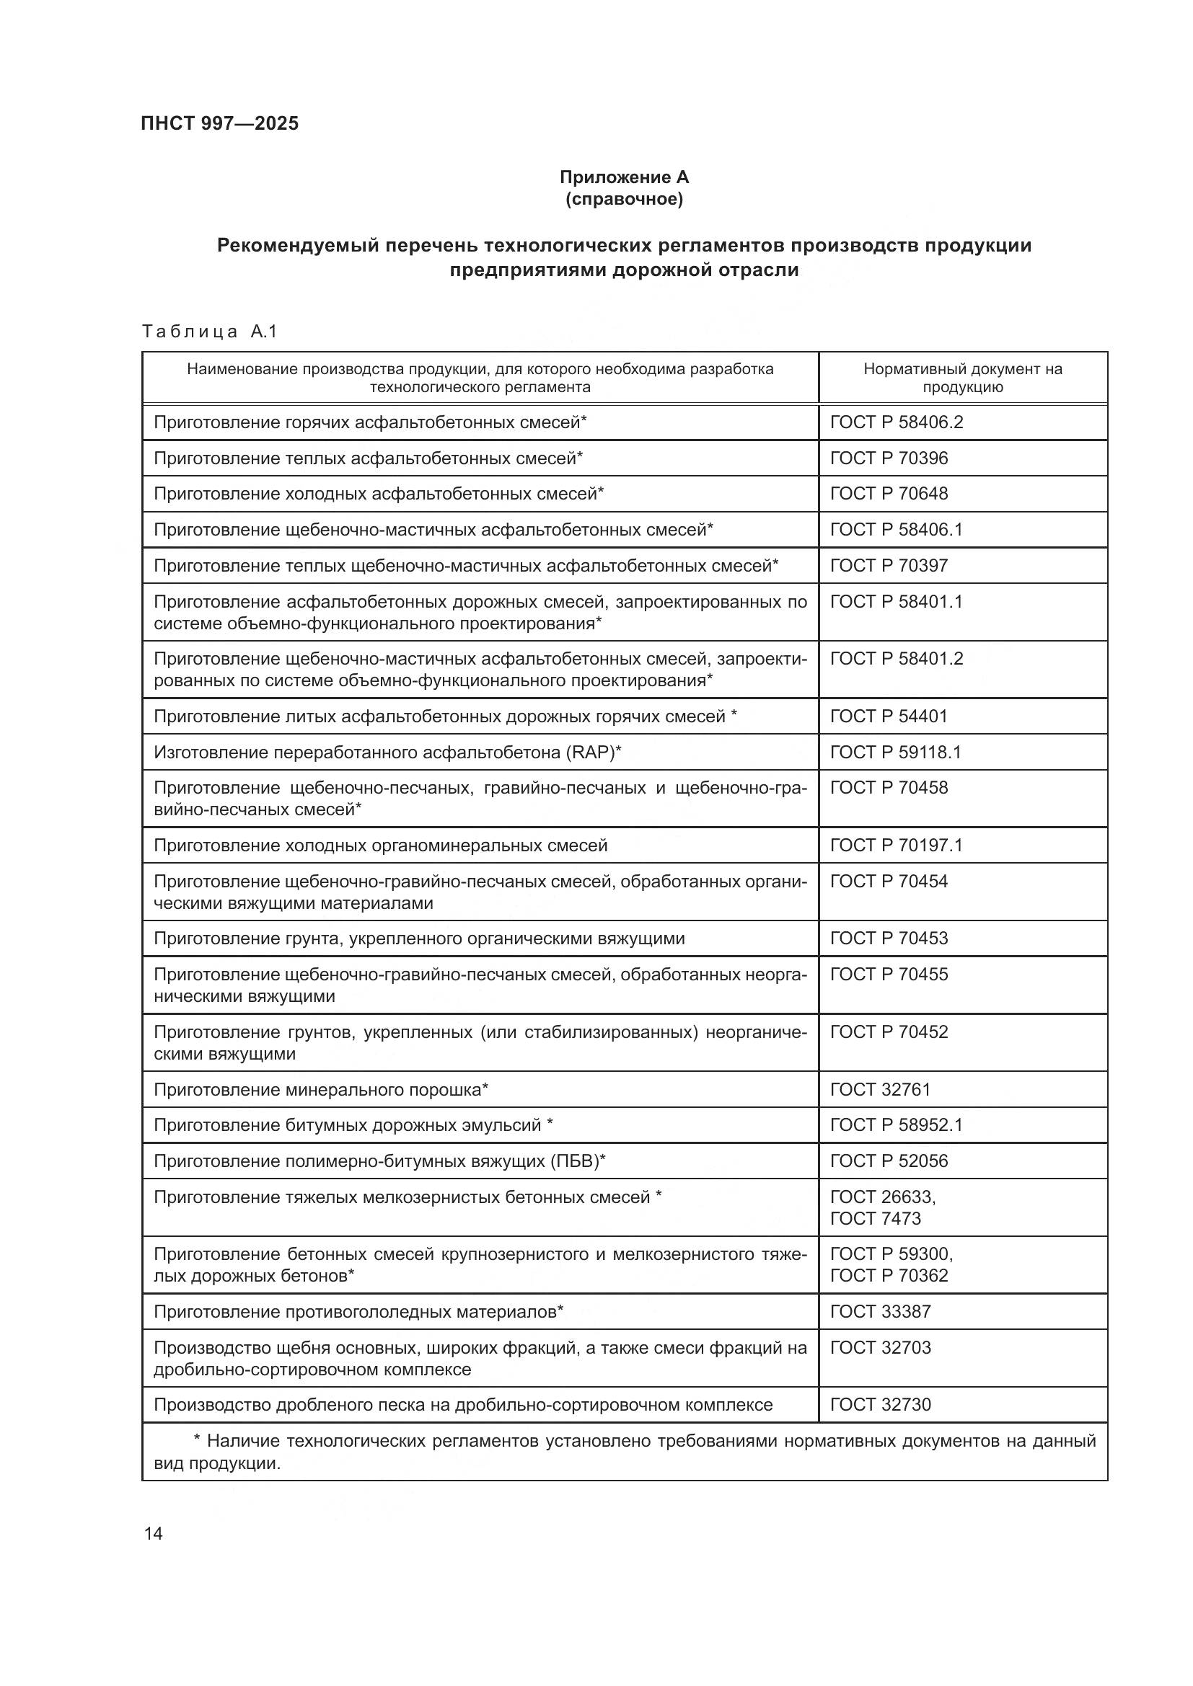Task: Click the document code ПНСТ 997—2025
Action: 220,123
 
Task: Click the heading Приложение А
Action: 624,177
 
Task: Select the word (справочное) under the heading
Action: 624,199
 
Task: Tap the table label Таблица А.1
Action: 209,332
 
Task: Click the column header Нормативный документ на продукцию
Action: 962,378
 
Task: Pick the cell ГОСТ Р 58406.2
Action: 897,422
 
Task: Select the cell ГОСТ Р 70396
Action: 889,458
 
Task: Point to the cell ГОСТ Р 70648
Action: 889,494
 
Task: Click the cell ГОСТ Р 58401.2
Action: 897,659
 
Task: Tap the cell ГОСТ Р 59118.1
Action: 897,752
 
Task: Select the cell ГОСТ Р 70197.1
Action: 897,846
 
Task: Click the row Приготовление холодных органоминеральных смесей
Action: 381,846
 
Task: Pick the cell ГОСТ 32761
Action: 880,1090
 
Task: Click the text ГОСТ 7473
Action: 875,1218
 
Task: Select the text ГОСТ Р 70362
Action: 889,1276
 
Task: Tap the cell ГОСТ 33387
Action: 880,1311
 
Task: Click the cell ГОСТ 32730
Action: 880,1405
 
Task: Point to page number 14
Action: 154,1534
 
